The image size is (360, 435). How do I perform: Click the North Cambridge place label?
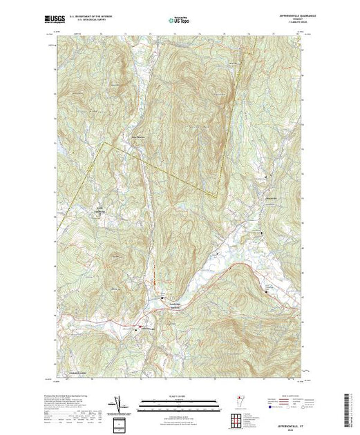coord(101,209)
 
